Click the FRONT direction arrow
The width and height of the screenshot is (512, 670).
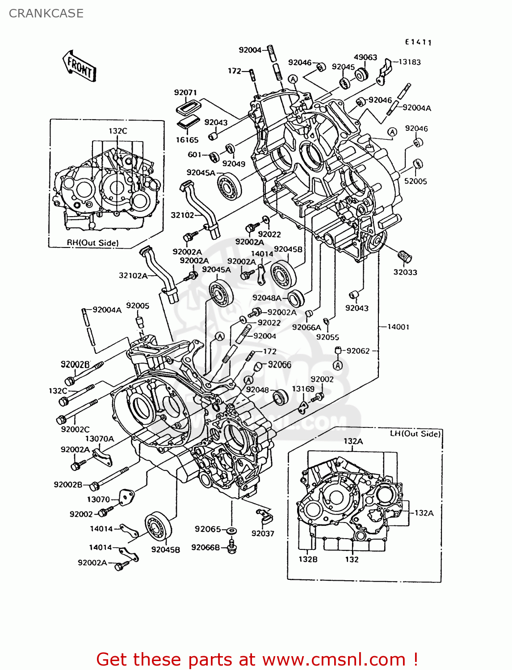80,66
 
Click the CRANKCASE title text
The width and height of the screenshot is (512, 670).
46,13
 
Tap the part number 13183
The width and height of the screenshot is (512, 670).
409,62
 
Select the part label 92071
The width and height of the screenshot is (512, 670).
185,92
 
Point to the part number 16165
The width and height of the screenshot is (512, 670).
187,140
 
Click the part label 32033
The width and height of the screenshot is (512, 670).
405,272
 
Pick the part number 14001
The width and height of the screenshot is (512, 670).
398,327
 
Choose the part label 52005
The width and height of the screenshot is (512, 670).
415,181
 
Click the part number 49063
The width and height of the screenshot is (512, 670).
365,57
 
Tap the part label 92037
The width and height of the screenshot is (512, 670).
263,533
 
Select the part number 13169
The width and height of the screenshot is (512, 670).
303,389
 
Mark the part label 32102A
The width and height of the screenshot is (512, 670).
133,276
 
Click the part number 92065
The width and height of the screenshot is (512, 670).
208,529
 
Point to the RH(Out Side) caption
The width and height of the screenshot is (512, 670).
93,243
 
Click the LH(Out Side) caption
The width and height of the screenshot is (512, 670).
415,434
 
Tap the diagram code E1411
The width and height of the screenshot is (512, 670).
418,42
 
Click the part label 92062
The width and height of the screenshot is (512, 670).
358,351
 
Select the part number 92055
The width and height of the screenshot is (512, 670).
327,337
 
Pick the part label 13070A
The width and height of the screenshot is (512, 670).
100,439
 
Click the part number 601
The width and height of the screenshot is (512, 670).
195,155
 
